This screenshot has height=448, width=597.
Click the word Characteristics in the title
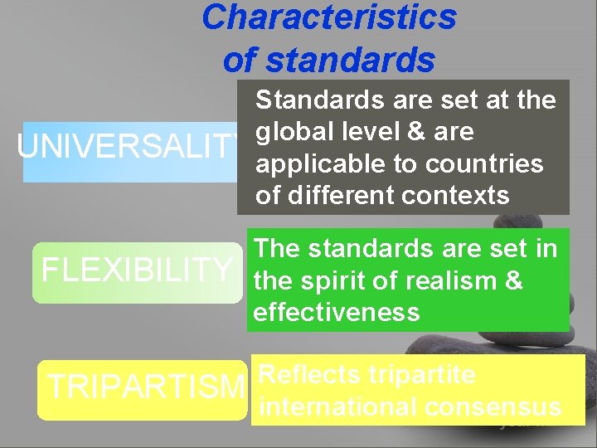coord(328,17)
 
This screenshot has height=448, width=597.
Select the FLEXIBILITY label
coord(137,270)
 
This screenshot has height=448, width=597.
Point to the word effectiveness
coord(337,312)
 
